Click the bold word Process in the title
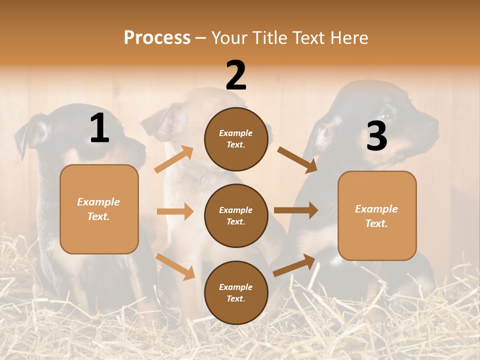click(157, 37)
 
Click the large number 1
click(99, 128)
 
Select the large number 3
click(376, 136)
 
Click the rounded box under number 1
click(99, 209)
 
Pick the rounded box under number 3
click(377, 215)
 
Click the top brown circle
click(236, 139)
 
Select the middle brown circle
click(236, 215)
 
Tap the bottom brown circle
click(236, 292)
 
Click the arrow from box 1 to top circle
click(174, 159)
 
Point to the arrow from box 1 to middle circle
click(175, 211)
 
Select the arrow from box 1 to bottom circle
click(175, 266)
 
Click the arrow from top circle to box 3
click(297, 160)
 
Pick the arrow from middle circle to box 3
click(295, 210)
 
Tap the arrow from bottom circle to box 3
click(294, 265)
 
